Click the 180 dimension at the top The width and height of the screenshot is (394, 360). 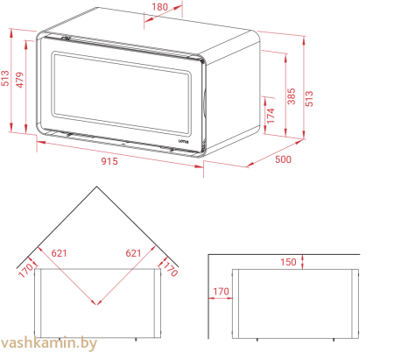[x=160, y=7]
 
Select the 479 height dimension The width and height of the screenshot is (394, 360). [x=19, y=80]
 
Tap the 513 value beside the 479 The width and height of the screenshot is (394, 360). [x=5, y=78]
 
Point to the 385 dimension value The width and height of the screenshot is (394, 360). [x=292, y=96]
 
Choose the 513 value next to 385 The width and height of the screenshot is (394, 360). [x=309, y=99]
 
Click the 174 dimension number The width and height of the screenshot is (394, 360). [x=271, y=116]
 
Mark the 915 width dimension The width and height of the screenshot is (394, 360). [x=109, y=161]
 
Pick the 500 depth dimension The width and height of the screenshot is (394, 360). [x=283, y=159]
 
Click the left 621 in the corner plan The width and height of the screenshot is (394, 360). [x=59, y=253]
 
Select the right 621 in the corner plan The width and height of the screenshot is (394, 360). [x=133, y=253]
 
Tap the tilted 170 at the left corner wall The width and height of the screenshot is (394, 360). [x=25, y=271]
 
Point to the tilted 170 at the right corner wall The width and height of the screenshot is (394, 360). [x=170, y=269]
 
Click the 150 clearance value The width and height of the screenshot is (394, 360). [x=288, y=262]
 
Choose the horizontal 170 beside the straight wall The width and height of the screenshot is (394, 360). [x=221, y=292]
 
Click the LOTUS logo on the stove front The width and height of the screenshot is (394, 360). [x=184, y=141]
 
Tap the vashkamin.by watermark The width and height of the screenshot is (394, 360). [x=48, y=343]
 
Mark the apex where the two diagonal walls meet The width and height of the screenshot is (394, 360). [x=96, y=187]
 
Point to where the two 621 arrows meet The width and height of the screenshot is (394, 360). [x=97, y=305]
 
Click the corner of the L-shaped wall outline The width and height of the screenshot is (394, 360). [x=208, y=255]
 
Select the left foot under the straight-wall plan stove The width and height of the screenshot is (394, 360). [x=257, y=340]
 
